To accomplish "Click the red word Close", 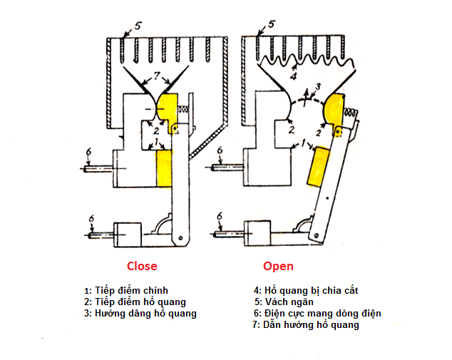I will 142,266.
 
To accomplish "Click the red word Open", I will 278,266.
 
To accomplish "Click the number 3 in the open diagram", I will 318,86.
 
